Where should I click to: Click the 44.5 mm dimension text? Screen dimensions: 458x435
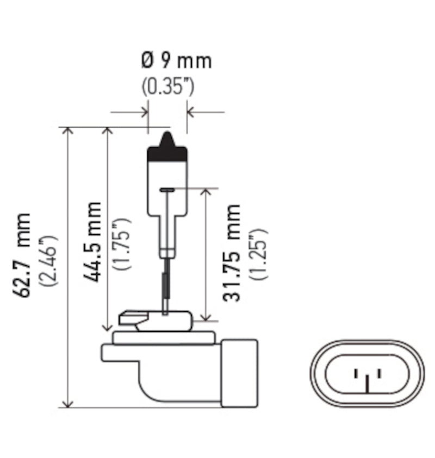[92, 241]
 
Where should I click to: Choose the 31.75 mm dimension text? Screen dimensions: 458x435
[232, 253]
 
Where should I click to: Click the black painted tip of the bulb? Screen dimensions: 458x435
[167, 149]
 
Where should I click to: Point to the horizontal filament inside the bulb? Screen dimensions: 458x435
[167, 190]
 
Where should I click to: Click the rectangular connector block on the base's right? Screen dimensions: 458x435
[239, 372]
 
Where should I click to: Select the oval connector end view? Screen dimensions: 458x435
[368, 373]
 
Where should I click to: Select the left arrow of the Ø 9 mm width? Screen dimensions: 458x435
[144, 112]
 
